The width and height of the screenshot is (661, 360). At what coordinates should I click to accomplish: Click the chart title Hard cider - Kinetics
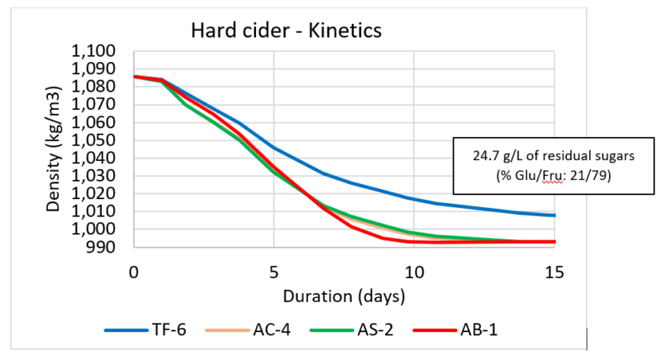[x=285, y=32]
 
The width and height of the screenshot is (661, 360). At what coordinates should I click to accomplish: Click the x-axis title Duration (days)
[x=344, y=295]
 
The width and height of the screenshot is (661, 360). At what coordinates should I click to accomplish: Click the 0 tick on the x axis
[x=133, y=271]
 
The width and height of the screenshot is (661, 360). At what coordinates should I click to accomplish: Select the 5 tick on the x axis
[x=273, y=271]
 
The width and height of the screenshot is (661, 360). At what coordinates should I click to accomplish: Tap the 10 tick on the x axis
[x=414, y=271]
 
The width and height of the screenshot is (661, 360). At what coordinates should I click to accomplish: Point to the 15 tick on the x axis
[x=554, y=271]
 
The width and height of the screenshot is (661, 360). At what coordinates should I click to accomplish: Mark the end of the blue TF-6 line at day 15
[x=554, y=215]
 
